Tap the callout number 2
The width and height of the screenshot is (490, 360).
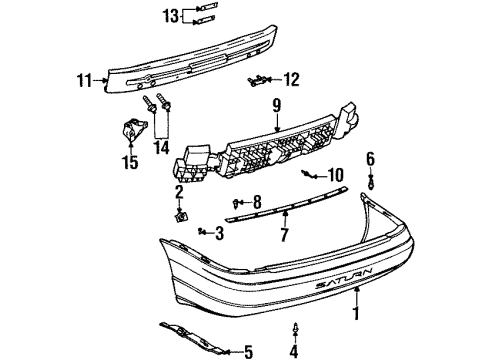point(179,191)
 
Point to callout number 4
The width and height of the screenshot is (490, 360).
point(293,351)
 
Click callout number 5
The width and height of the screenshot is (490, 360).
point(249,351)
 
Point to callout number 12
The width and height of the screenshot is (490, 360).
point(291,79)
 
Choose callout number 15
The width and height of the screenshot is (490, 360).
point(128,159)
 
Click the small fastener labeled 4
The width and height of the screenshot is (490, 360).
point(293,328)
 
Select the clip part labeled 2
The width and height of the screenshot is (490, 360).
point(179,215)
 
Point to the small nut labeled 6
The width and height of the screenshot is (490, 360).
point(370,181)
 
